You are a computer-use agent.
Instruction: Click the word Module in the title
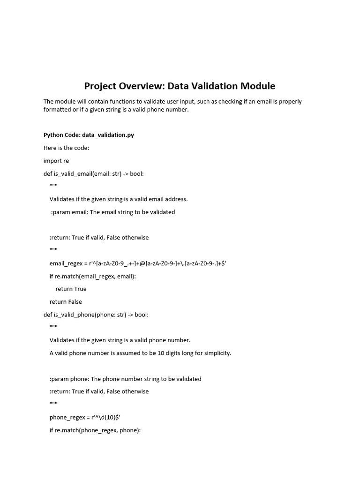coord(257,86)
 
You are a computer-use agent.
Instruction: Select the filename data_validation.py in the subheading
coord(108,135)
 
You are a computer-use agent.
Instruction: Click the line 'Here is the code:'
coord(66,148)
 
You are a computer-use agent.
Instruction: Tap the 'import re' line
coord(56,161)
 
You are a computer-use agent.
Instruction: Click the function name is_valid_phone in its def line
coord(74,315)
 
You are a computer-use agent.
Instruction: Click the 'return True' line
coord(71,289)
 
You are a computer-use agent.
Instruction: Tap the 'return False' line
coord(66,302)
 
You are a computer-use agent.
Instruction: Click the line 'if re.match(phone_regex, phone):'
coord(95,430)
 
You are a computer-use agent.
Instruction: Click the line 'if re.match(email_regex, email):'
coord(92,276)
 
